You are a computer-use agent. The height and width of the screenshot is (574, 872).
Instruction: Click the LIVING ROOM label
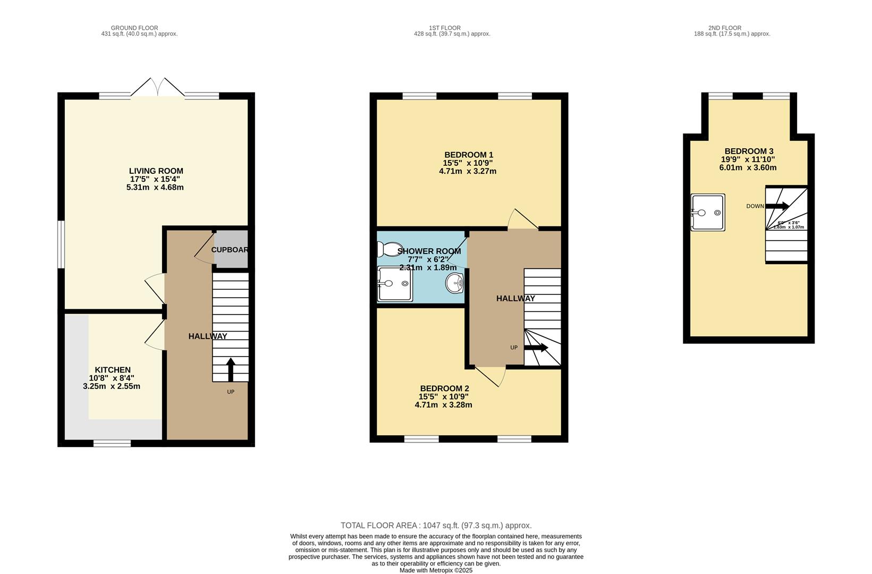point(156,171)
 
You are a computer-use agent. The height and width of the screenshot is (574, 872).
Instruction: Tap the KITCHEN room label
point(113,370)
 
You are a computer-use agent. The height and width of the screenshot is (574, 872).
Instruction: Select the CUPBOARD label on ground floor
point(230,250)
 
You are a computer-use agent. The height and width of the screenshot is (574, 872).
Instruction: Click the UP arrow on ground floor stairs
point(230,369)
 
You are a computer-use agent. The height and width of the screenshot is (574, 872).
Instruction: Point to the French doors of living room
point(158,88)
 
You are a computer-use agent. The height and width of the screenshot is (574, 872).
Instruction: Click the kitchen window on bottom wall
point(112,443)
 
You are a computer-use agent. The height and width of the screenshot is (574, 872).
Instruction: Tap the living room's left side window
point(61,244)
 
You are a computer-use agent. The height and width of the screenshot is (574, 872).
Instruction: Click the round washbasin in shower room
point(454,283)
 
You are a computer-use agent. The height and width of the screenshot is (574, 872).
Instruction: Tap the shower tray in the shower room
point(394,284)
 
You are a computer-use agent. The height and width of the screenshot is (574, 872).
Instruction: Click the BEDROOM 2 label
point(444,389)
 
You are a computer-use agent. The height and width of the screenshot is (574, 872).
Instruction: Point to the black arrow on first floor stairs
point(536,348)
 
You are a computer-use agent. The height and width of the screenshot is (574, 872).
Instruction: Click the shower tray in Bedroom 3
point(708,213)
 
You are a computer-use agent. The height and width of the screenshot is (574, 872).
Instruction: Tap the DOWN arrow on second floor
point(777,206)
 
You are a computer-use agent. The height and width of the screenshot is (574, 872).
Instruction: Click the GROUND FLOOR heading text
point(134,28)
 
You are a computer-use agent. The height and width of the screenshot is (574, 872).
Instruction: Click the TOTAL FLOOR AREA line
point(436,526)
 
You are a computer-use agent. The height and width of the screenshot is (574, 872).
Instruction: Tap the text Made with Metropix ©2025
point(436,570)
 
